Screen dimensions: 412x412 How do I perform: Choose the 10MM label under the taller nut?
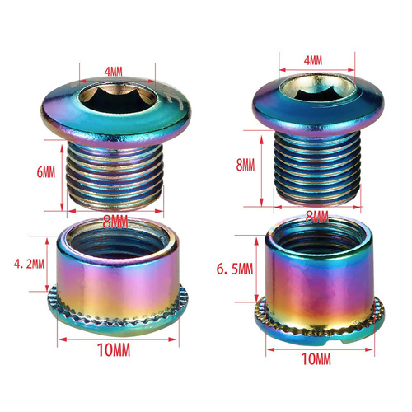(316, 360)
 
